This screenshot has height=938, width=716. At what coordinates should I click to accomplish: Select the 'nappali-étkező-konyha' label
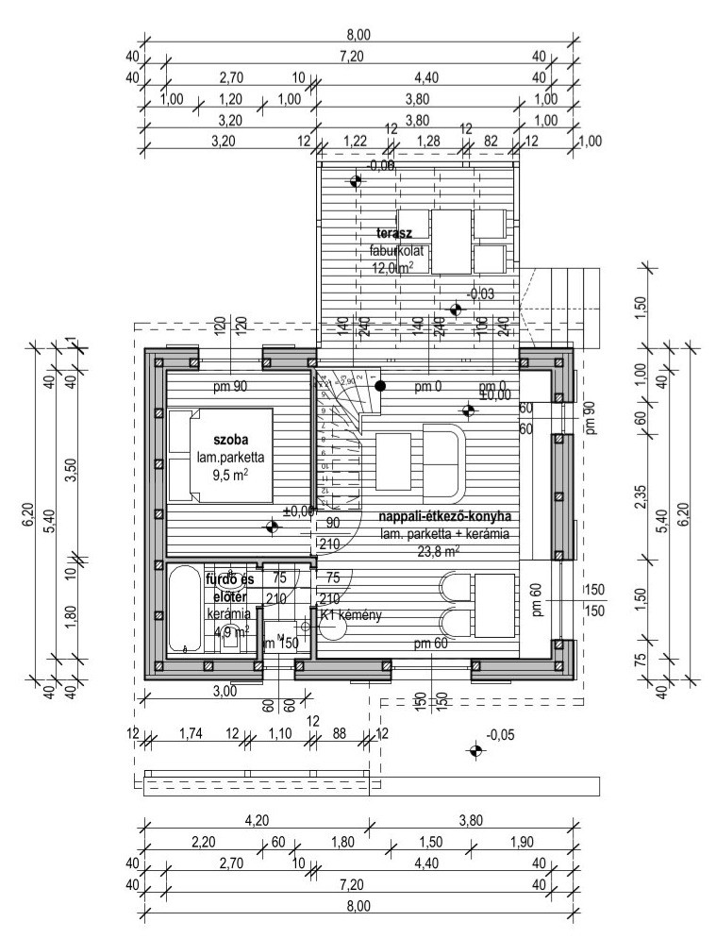click(x=444, y=517)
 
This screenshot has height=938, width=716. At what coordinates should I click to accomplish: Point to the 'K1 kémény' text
click(x=351, y=616)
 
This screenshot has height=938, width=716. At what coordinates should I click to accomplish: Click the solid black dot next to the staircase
click(x=379, y=385)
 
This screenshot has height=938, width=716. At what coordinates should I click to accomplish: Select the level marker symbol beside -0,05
click(x=475, y=751)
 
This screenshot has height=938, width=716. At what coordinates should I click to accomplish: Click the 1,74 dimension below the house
click(x=190, y=733)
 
